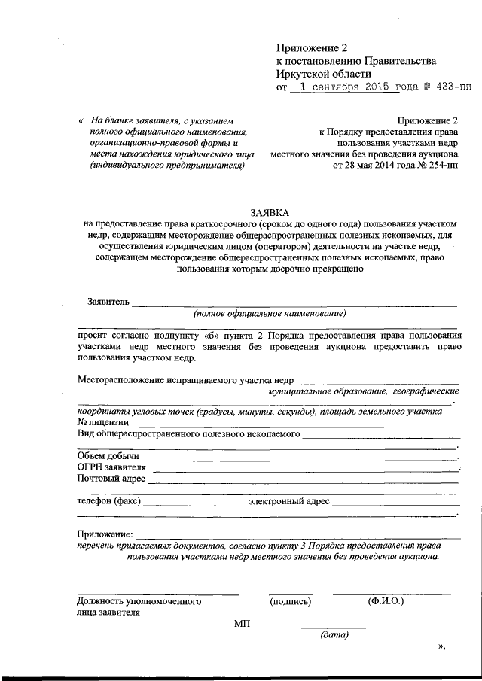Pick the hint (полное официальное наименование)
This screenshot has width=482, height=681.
pyautogui.click(x=269, y=313)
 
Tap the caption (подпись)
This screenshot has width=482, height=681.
pyautogui.click(x=290, y=602)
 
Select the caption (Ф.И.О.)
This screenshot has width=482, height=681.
pyautogui.click(x=386, y=602)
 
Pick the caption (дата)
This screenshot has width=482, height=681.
pyautogui.click(x=334, y=636)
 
